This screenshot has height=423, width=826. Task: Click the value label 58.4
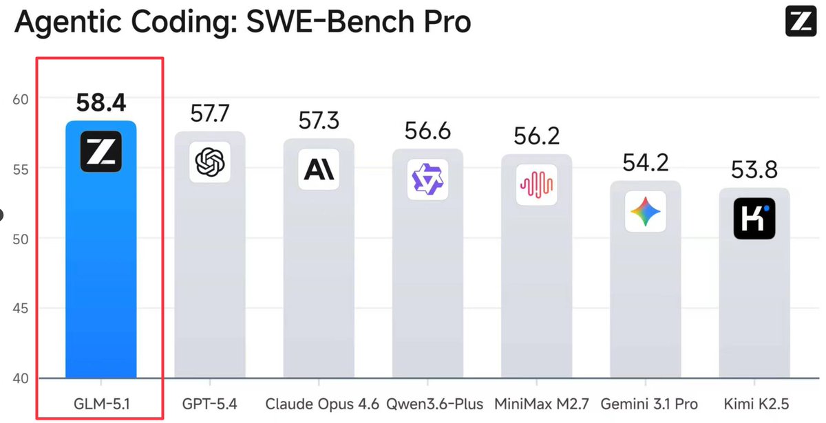coord(100,103)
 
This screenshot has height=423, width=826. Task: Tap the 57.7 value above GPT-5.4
coord(210,113)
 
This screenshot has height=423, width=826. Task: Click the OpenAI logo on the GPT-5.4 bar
coord(210,163)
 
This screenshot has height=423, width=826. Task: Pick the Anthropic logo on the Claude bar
coord(319,169)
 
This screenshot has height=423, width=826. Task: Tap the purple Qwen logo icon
coord(427,180)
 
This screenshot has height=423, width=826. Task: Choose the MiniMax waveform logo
coord(536,185)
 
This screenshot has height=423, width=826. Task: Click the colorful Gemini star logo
coord(645,211)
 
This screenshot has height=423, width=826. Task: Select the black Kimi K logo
coord(754,218)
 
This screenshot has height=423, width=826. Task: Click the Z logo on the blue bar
coord(100,151)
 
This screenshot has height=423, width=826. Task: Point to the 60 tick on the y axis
coord(21,98)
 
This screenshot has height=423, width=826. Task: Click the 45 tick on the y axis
coord(21,308)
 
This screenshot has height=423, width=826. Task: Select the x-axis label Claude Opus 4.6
coord(322,404)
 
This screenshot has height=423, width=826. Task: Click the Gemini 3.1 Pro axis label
coord(648,404)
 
